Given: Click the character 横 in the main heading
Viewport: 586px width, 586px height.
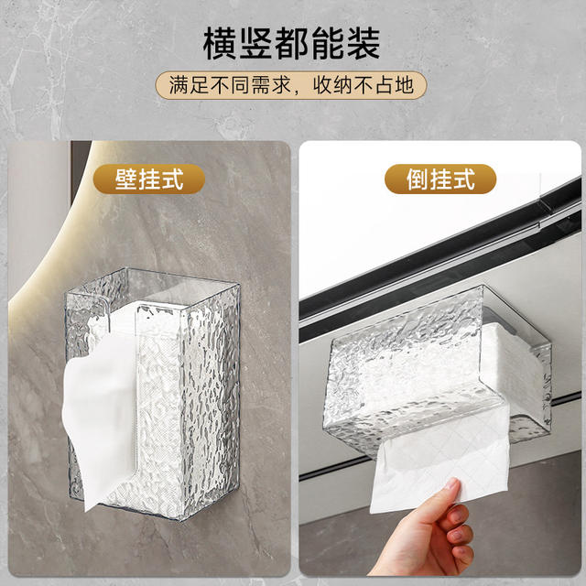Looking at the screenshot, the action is click(220, 43).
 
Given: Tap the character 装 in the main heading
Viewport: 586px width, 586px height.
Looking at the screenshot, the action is click(364, 43).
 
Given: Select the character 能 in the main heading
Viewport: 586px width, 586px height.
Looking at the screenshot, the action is click(328, 43).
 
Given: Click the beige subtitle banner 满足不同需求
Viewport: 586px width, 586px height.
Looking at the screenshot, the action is click(291, 85).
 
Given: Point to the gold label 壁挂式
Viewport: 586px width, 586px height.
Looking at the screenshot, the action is click(149, 179).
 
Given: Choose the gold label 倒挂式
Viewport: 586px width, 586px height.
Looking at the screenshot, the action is click(440, 179).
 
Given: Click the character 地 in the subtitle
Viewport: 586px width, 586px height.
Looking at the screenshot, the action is click(405, 85).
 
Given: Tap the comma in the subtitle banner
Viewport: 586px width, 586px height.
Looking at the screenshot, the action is click(298, 91).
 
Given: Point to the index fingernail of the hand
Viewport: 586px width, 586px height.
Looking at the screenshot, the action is click(451, 484).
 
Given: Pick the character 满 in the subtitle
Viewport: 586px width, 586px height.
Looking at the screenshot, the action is click(179, 85).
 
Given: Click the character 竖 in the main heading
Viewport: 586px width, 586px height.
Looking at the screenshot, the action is click(255, 43).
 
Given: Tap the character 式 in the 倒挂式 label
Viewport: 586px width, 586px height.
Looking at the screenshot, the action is click(463, 179).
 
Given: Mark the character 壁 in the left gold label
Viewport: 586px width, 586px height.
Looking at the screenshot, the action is click(126, 179).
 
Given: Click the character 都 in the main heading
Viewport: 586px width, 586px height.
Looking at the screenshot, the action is click(291, 43).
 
